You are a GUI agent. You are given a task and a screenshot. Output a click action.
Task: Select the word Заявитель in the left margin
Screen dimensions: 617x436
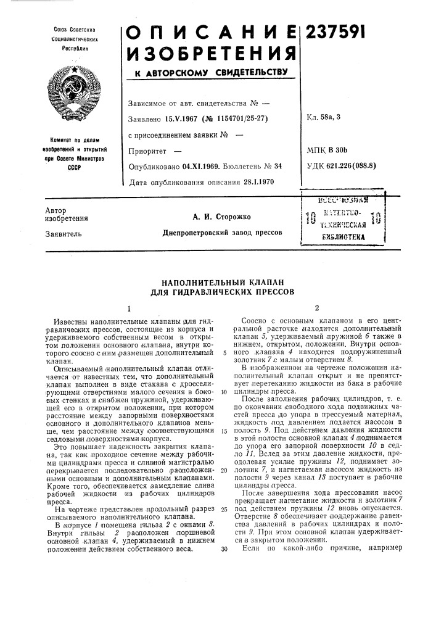pyautogui.click(x=59, y=234)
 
